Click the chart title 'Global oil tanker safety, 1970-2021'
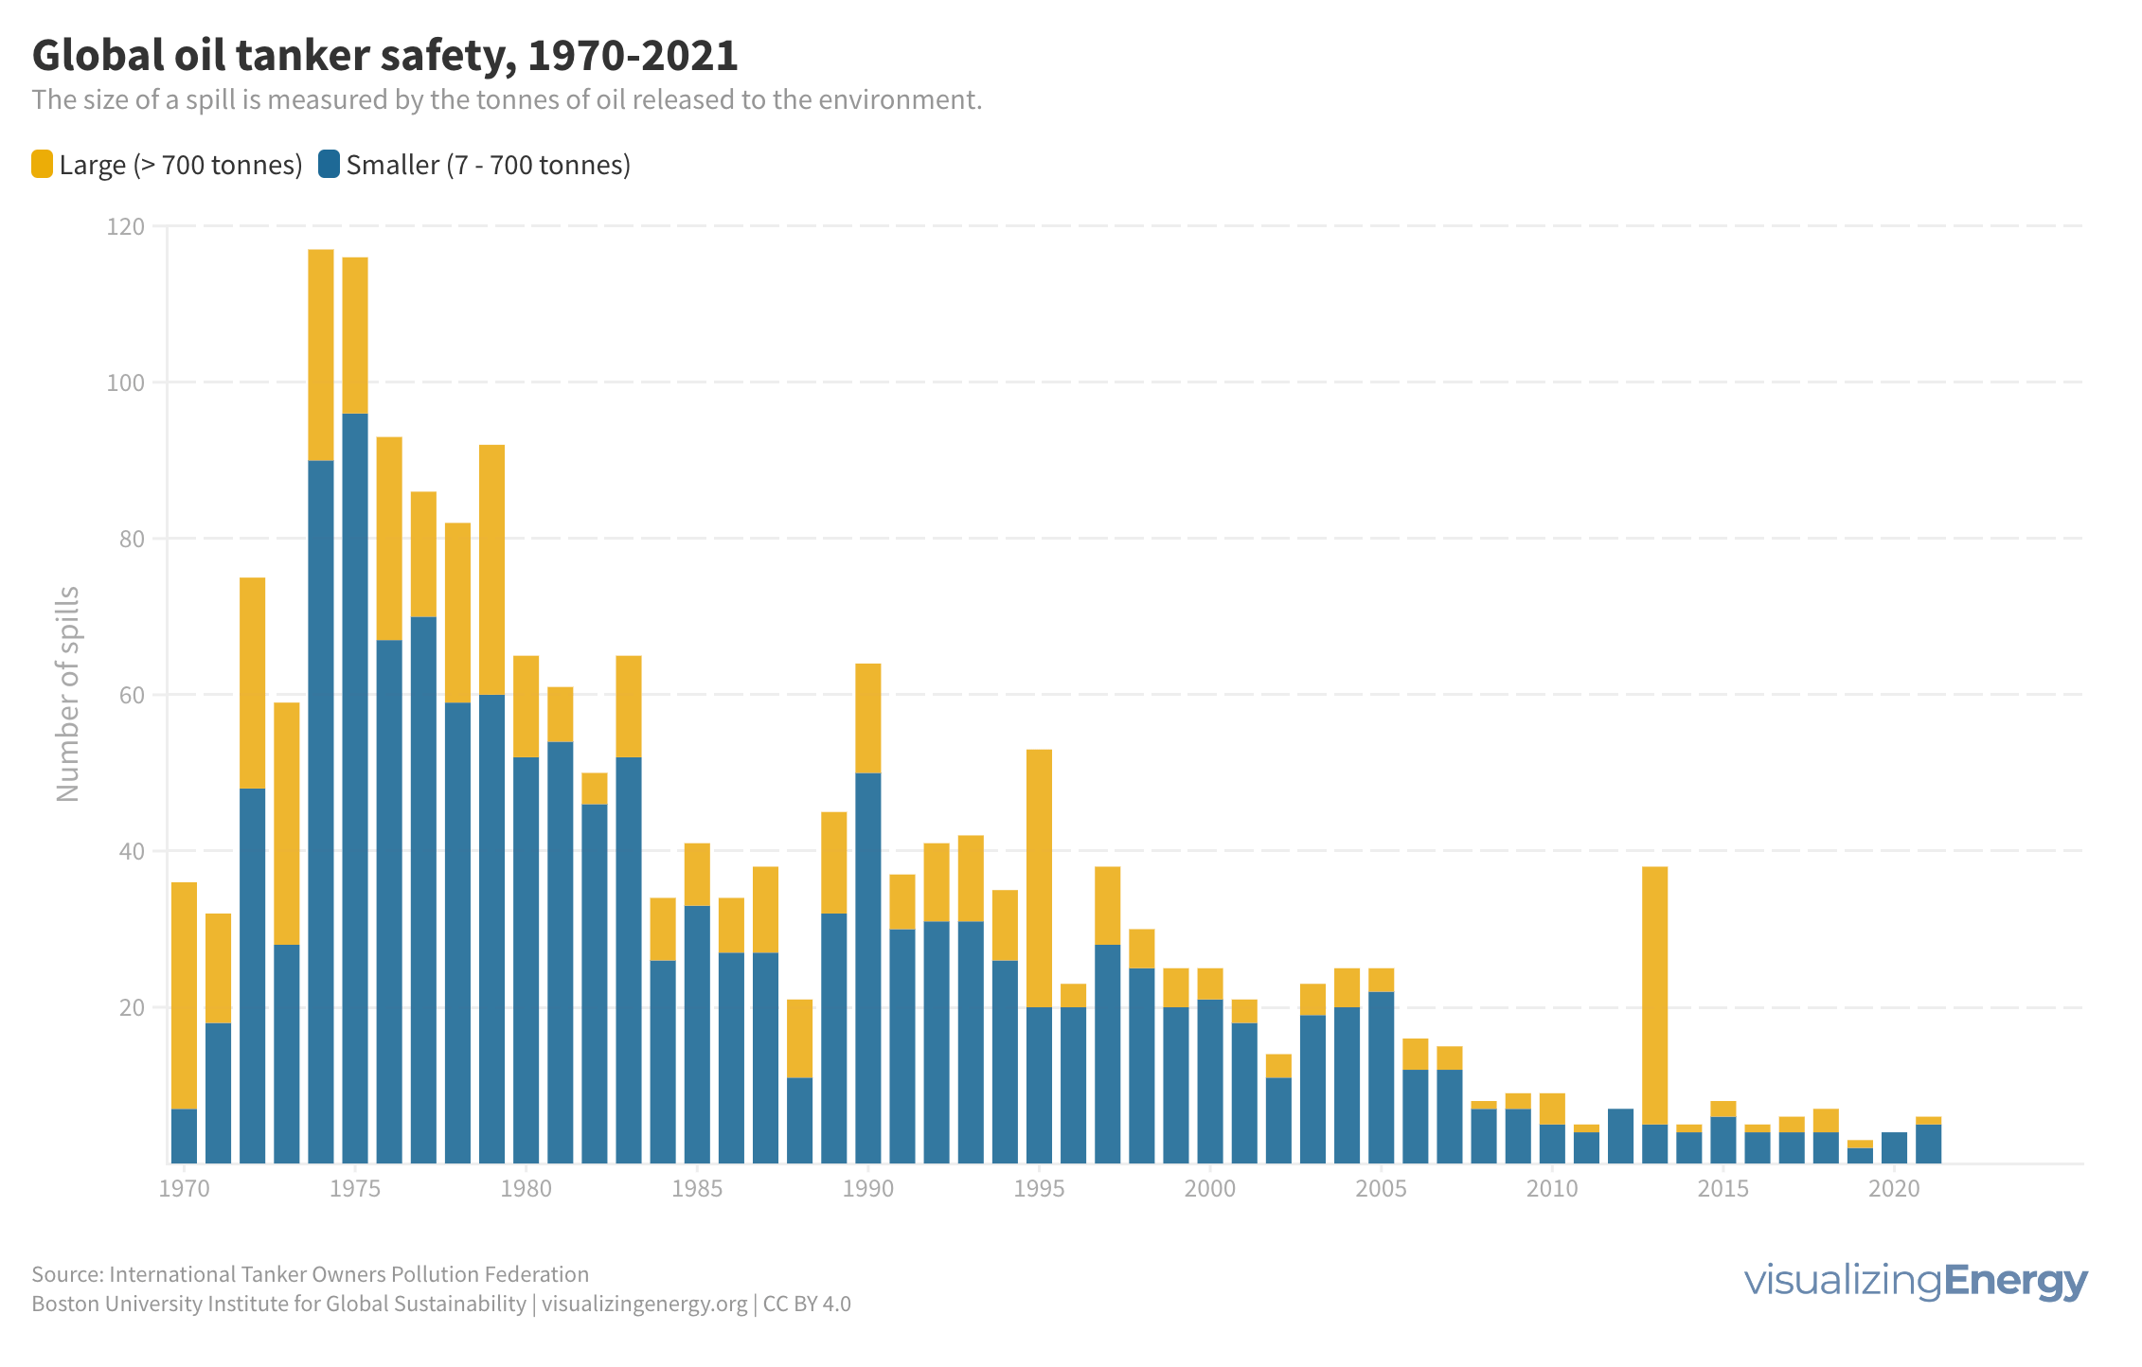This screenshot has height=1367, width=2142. [384, 55]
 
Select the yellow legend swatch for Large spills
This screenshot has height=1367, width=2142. [42, 164]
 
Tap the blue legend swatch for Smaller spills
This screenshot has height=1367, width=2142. [329, 164]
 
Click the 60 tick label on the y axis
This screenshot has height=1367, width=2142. [132, 695]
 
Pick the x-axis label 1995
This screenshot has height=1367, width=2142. [1039, 1189]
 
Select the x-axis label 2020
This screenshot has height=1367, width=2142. [1894, 1189]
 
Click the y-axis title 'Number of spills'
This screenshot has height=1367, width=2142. [68, 694]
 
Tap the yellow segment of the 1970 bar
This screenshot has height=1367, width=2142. [184, 994]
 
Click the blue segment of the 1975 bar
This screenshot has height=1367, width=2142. [355, 786]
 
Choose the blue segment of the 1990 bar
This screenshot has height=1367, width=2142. [868, 966]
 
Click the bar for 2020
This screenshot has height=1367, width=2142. [1894, 1147]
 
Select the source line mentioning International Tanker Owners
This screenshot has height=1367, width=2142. [310, 1274]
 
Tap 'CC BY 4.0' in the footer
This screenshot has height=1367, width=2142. [807, 1304]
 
